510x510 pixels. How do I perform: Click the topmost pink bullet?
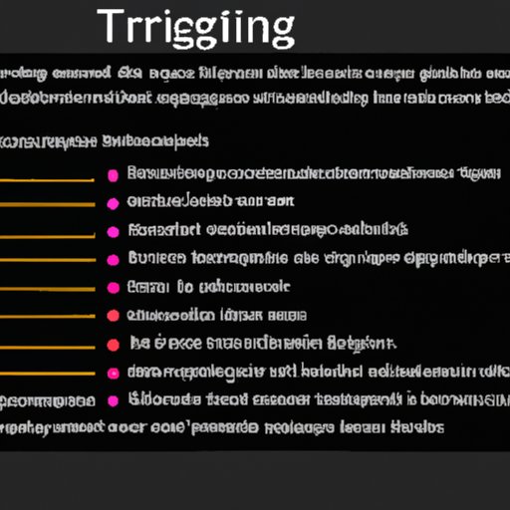point(113,175)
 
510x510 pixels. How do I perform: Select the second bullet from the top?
point(113,202)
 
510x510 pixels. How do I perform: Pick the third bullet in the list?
point(113,231)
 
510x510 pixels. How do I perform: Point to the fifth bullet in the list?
point(113,288)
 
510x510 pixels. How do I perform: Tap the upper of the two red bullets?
point(113,316)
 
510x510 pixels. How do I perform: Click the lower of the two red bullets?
point(113,345)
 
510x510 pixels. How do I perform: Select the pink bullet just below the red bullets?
point(113,374)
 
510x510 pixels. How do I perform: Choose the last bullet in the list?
point(113,401)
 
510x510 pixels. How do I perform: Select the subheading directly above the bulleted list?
point(105,140)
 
